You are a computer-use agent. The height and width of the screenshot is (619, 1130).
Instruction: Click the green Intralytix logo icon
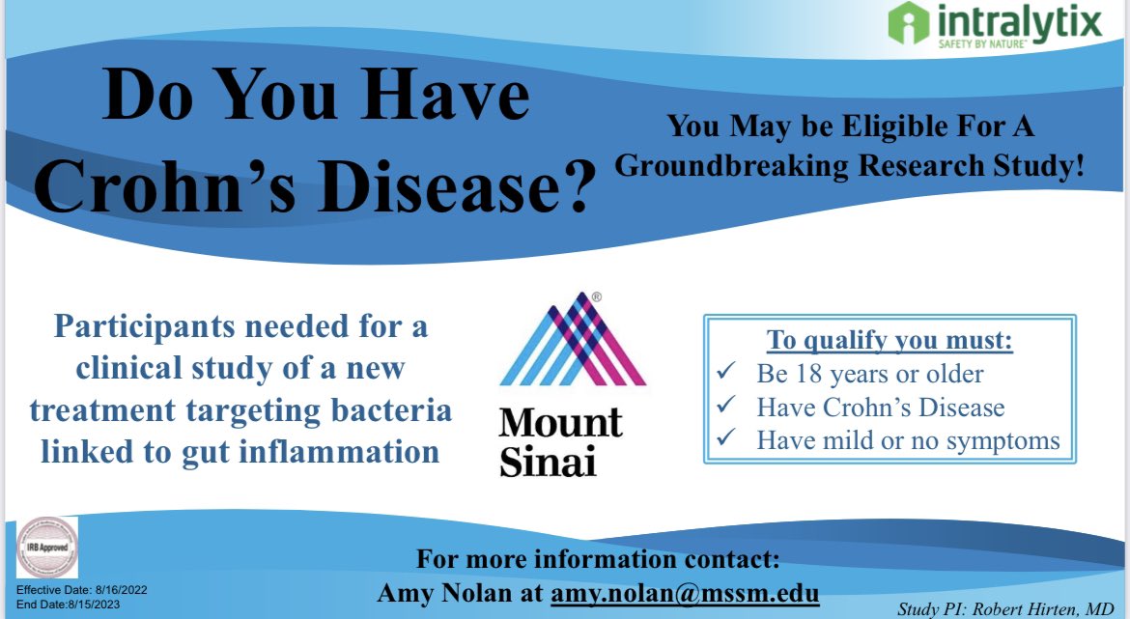(x=907, y=23)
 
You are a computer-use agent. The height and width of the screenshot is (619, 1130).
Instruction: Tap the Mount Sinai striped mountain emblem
(x=572, y=339)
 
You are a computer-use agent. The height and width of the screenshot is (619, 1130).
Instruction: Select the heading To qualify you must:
(x=889, y=341)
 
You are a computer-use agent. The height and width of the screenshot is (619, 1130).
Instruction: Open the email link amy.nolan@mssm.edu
(x=685, y=592)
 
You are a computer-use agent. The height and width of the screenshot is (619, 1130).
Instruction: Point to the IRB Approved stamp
(x=46, y=547)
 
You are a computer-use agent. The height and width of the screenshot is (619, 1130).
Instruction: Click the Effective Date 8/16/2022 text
(x=81, y=588)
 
